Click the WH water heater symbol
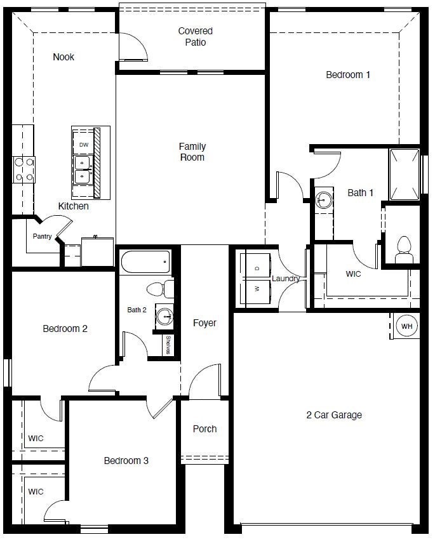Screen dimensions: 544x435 [x=406, y=326]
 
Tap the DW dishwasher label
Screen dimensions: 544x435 [x=84, y=145]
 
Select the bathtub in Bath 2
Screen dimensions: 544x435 [x=145, y=262]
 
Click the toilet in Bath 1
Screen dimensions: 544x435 [x=403, y=249]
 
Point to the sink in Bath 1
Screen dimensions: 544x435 [x=323, y=200]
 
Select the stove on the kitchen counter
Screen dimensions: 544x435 [x=23, y=169]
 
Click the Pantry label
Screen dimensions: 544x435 [x=43, y=237]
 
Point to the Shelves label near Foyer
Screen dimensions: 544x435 [x=168, y=346]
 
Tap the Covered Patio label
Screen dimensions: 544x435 [x=195, y=37]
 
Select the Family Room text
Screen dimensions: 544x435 [x=192, y=152]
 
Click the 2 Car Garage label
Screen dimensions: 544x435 [x=334, y=415]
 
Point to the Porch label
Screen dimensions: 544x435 [x=204, y=429]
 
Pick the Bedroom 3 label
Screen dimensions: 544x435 [x=126, y=460]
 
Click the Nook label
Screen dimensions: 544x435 [x=64, y=57]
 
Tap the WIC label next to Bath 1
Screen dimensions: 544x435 [x=353, y=274]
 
